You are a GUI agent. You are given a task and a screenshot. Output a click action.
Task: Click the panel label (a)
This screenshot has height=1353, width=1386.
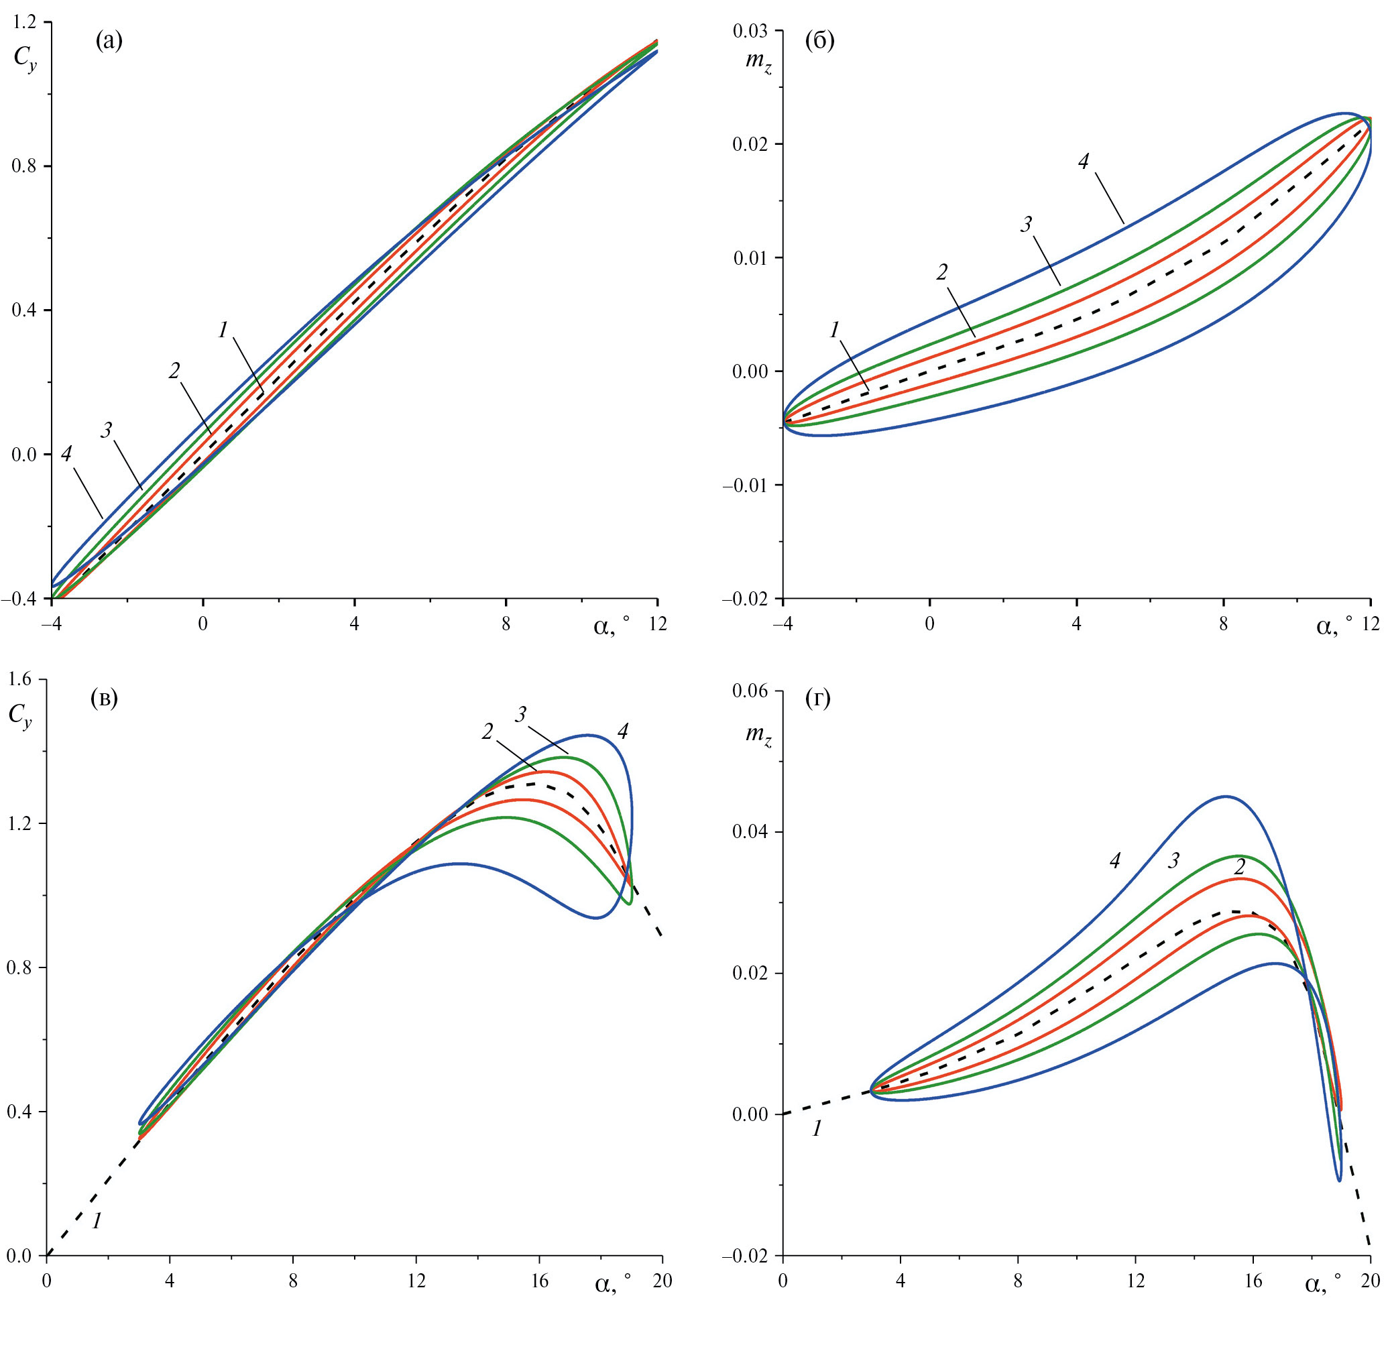pos(109,42)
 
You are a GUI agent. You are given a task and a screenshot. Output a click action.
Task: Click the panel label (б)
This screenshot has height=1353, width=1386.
pos(819,42)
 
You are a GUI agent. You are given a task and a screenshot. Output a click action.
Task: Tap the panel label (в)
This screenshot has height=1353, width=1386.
pos(105,699)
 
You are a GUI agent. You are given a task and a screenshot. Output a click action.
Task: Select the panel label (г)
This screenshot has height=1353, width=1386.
pos(818,699)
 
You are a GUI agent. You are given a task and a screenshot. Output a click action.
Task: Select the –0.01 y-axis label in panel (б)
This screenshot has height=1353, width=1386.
pos(748,485)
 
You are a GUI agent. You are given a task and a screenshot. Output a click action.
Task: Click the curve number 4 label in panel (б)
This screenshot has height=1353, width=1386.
pos(1083,162)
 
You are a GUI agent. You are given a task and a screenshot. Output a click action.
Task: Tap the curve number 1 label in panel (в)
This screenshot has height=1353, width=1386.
pos(97,1222)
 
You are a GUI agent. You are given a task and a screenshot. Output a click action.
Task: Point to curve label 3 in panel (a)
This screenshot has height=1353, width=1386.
pos(107,430)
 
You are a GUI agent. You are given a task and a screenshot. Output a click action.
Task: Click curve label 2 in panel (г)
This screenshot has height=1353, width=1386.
pos(1240,867)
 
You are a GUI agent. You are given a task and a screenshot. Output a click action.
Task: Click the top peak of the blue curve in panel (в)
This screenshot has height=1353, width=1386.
pos(587,735)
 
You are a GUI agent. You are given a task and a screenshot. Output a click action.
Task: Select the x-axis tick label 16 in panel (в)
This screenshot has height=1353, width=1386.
pos(540,1281)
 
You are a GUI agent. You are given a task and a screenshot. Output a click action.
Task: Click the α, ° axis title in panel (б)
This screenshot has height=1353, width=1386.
pos(1327,626)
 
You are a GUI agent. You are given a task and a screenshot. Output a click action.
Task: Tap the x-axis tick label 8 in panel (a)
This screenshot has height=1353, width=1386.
pos(506,625)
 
